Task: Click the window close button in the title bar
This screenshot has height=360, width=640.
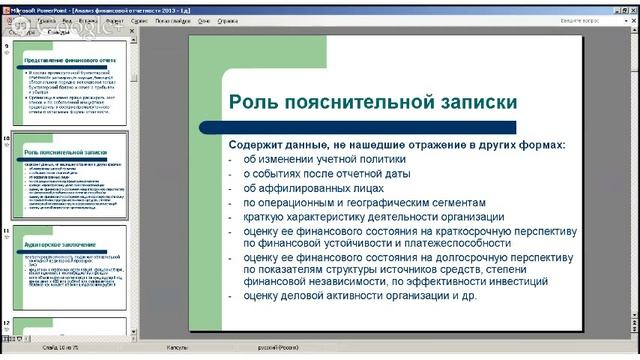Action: click(x=631, y=6)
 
